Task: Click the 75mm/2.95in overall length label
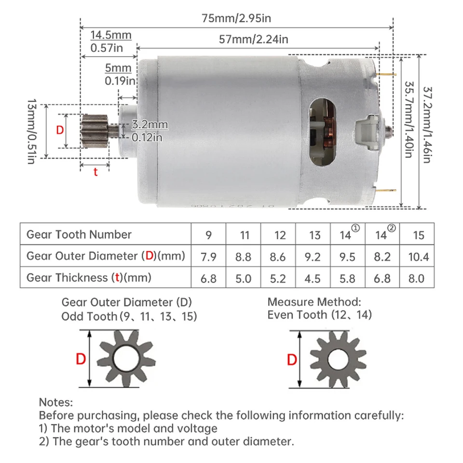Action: click(236, 18)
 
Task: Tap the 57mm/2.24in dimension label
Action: click(254, 40)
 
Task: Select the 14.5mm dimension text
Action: click(111, 35)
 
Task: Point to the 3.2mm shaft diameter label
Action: click(150, 125)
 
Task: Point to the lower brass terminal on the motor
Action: click(389, 192)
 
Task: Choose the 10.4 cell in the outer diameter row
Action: click(418, 257)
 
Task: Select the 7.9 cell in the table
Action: click(208, 257)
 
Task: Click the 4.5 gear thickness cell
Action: click(314, 278)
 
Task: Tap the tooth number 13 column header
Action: click(314, 235)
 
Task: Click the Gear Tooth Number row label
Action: click(79, 235)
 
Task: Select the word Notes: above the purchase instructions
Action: click(55, 402)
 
